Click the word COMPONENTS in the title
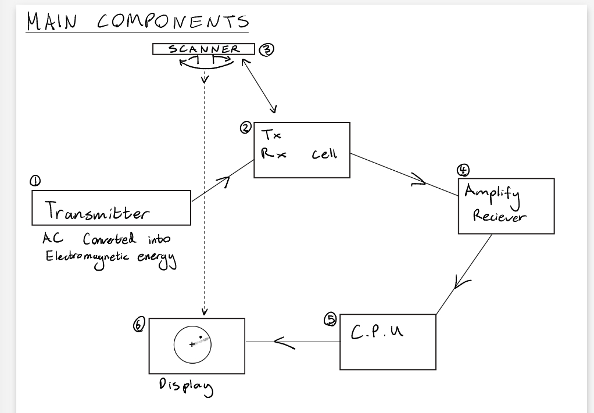(x=173, y=21)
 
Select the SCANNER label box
(x=204, y=49)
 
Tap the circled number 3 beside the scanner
(x=266, y=49)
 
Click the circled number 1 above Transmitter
(x=36, y=181)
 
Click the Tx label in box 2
(x=271, y=135)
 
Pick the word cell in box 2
(x=324, y=154)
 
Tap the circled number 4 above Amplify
(x=463, y=170)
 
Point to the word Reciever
(x=499, y=216)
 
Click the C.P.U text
(x=377, y=332)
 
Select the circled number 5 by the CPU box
(x=330, y=319)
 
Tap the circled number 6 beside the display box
(x=138, y=325)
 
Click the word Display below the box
(x=185, y=386)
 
